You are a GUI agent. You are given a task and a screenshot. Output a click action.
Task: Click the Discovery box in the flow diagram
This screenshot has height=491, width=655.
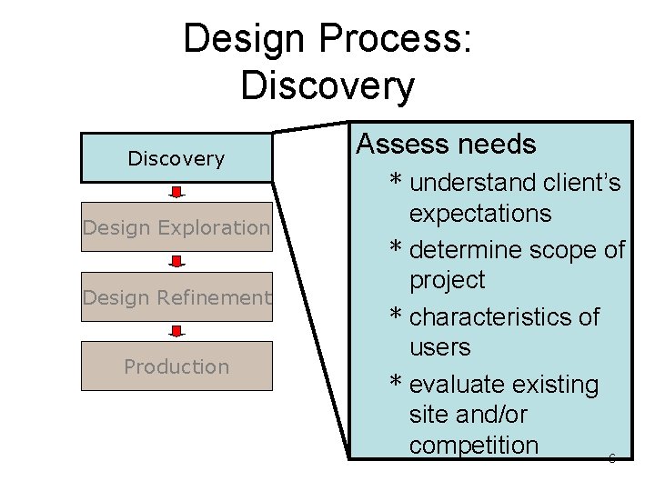click(x=176, y=158)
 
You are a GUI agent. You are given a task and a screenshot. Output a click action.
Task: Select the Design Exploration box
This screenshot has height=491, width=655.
click(x=176, y=227)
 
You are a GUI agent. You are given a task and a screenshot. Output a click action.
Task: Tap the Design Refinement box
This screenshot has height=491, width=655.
click(x=176, y=297)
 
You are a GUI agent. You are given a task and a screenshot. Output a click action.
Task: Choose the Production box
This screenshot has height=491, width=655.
click(x=176, y=366)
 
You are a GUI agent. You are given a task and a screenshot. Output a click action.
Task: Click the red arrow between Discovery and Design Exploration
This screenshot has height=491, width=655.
click(x=176, y=193)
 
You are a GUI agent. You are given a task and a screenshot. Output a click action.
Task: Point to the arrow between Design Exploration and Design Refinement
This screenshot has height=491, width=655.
click(x=176, y=263)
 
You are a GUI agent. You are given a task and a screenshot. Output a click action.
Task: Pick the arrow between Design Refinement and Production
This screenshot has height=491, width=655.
click(x=176, y=332)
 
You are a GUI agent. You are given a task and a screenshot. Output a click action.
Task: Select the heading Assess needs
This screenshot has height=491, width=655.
click(x=446, y=144)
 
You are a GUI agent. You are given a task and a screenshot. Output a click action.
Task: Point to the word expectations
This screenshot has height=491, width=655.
click(x=480, y=214)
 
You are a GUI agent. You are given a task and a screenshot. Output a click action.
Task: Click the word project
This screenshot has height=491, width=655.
click(x=448, y=280)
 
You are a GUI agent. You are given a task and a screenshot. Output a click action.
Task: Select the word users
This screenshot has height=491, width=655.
click(x=440, y=347)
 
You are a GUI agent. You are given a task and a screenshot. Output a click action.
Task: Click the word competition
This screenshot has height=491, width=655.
click(x=474, y=446)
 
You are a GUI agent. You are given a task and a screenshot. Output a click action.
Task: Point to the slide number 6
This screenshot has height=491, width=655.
click(x=611, y=458)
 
